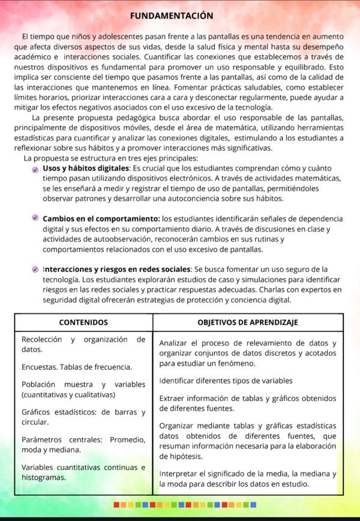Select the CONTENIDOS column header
83,322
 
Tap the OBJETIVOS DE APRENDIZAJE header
248,322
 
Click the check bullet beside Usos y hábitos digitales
36,170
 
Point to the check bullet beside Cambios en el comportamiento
36,218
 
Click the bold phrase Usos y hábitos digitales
86,169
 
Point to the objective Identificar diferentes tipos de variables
226,381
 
